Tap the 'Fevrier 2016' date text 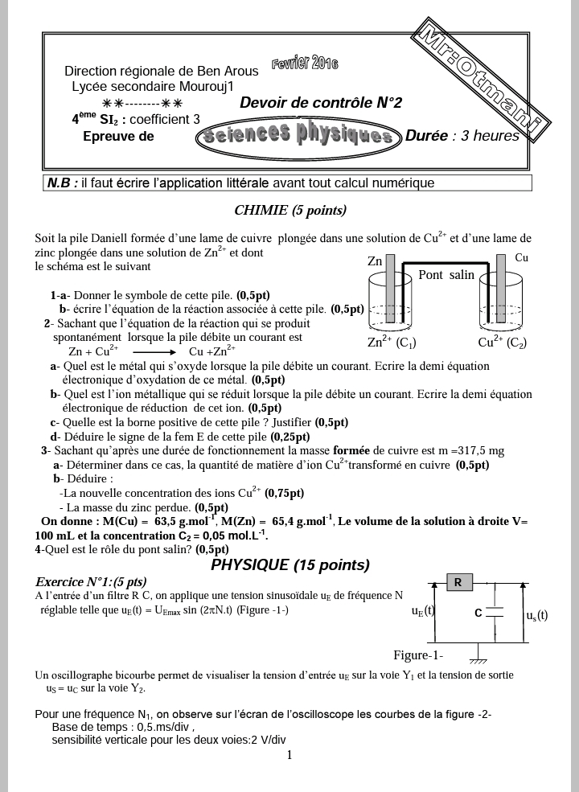[x=305, y=64]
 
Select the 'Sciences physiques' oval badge [x=298, y=135]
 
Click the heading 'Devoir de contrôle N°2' [x=321, y=103]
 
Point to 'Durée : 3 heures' [x=462, y=136]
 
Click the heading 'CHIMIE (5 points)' [x=289, y=211]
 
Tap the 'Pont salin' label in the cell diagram [x=446, y=275]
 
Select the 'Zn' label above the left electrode [x=375, y=261]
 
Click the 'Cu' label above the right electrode [x=521, y=258]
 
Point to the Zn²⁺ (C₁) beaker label [x=392, y=342]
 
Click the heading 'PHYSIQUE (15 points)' [x=290, y=565]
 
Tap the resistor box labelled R [x=457, y=582]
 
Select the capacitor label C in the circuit [x=478, y=613]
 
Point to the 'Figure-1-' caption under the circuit [x=418, y=654]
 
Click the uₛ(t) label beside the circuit [x=536, y=616]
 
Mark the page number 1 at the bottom [x=289, y=754]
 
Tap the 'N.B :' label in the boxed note [x=63, y=183]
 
